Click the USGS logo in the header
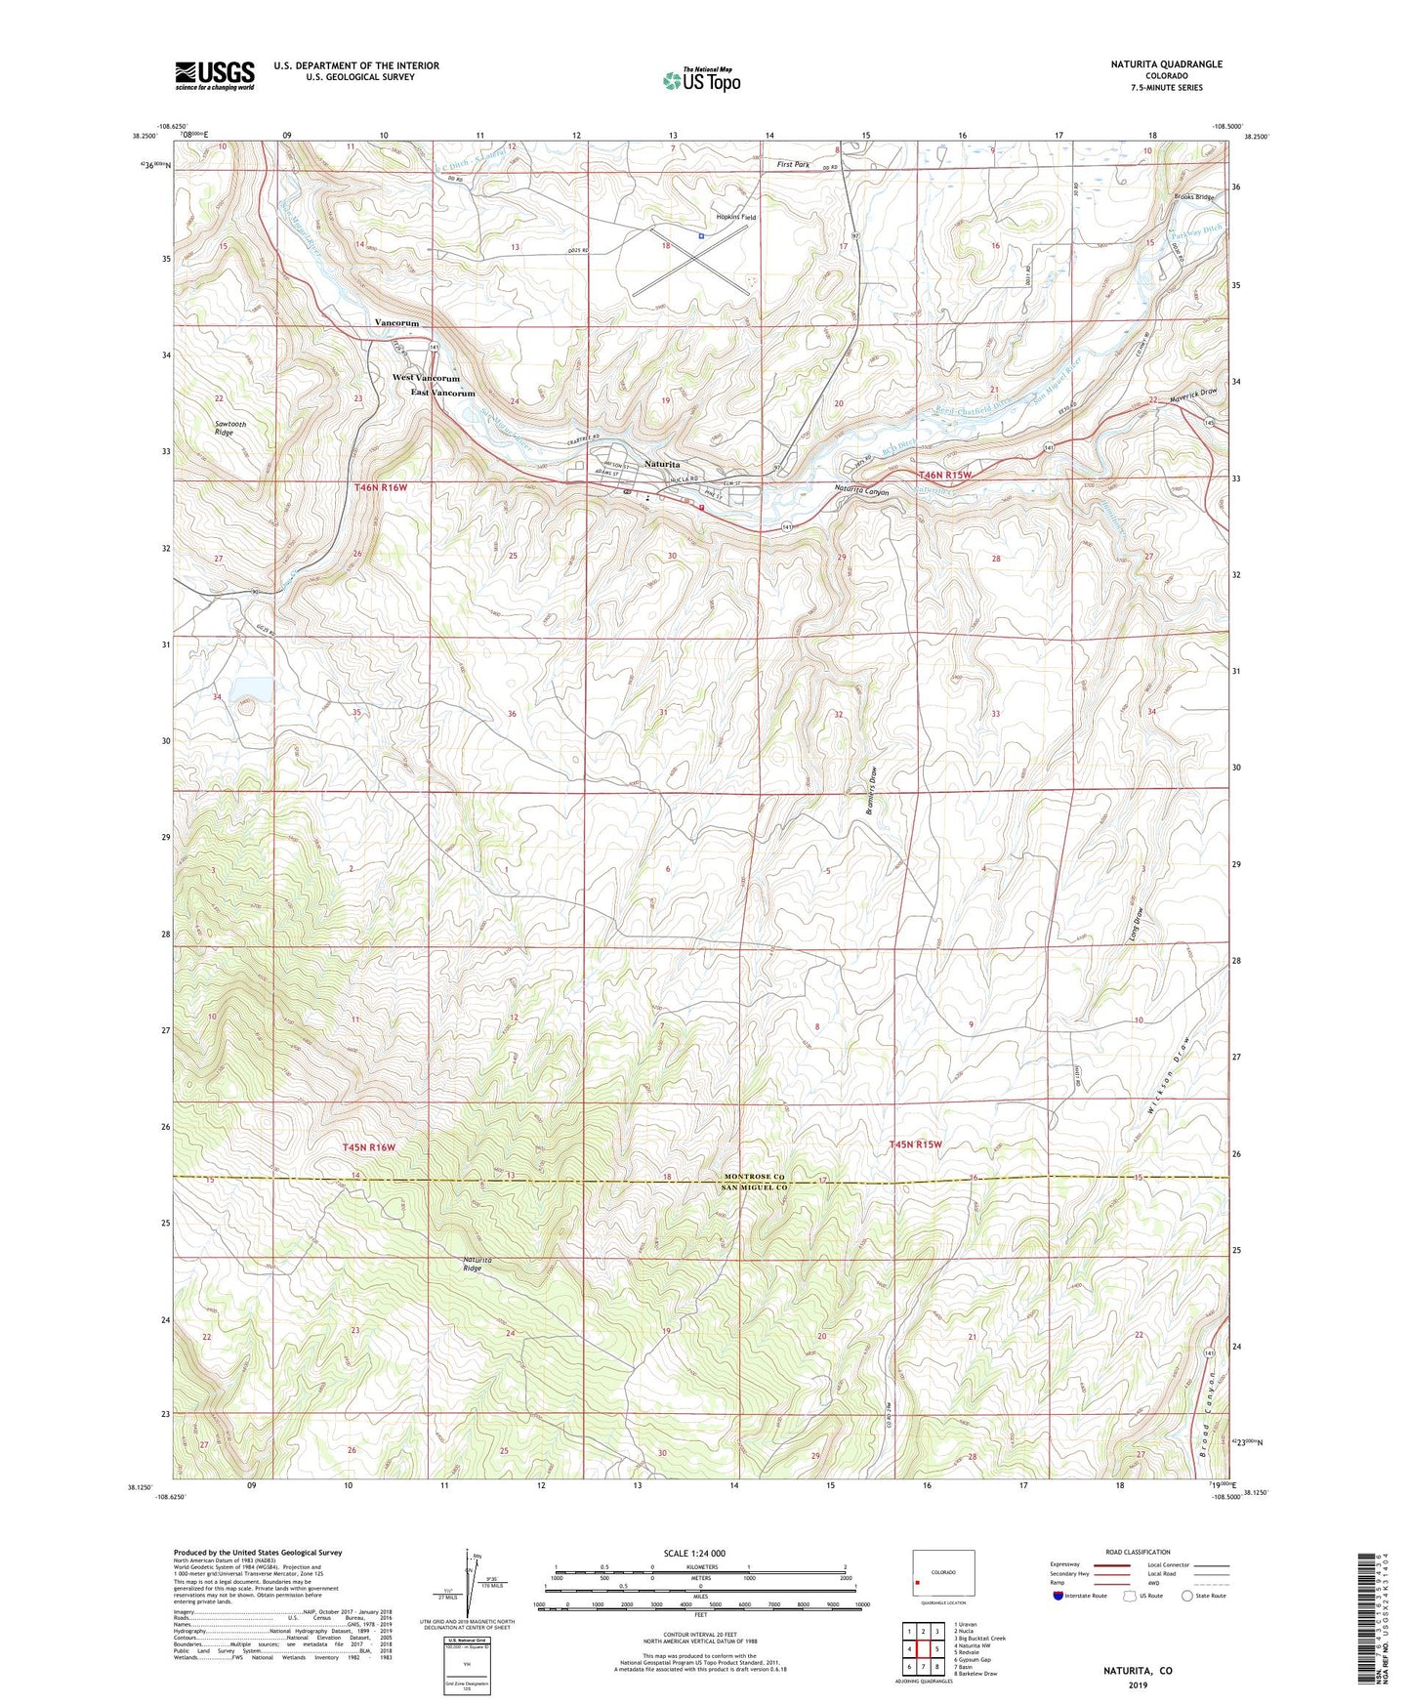click(x=215, y=75)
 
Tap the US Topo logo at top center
click(x=701, y=80)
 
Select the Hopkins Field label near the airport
click(x=736, y=218)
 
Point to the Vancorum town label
click(x=396, y=323)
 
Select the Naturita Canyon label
click(x=862, y=491)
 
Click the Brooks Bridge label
click(x=1194, y=197)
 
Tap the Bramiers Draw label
click(x=873, y=789)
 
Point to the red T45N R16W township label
click(x=368, y=1147)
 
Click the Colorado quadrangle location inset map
click(x=942, y=1573)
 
